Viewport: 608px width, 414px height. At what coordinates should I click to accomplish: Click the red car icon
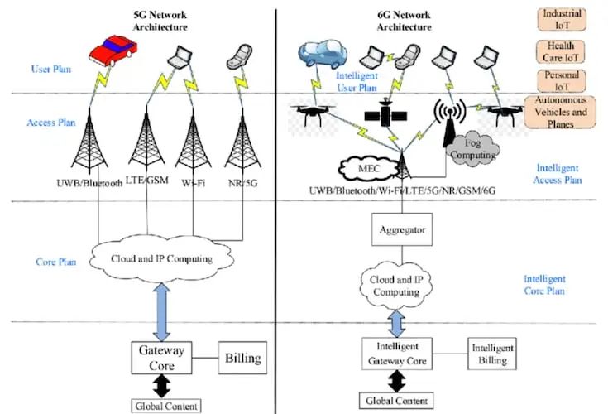tap(113, 50)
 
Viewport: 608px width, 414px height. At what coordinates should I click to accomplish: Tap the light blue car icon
tap(323, 54)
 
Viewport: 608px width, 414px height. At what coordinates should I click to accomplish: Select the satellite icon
tap(385, 113)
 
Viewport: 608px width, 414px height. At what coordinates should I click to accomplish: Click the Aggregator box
tap(402, 229)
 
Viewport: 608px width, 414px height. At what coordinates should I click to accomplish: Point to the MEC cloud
tap(368, 169)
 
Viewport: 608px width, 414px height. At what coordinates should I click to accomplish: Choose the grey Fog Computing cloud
tap(473, 149)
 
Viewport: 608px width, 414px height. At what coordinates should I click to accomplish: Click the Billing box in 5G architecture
tap(242, 358)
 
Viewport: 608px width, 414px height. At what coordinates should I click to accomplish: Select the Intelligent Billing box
tap(492, 354)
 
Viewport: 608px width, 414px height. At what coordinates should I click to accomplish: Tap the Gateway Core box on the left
tap(161, 358)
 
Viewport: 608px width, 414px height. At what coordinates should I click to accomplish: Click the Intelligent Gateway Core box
tap(397, 354)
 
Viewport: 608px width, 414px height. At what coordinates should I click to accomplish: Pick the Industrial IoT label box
tap(562, 19)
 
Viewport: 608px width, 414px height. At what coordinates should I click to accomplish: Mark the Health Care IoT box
tap(561, 51)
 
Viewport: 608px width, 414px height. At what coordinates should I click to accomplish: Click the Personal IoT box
tap(562, 80)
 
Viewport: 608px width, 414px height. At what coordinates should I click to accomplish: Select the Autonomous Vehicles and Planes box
tap(560, 112)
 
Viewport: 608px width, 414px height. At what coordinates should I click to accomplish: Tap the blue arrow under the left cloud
tap(161, 312)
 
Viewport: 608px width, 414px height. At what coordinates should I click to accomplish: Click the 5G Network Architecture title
tap(160, 21)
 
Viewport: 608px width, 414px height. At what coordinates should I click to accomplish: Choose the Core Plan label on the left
tap(56, 262)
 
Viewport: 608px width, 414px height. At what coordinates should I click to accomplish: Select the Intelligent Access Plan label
tap(558, 174)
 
